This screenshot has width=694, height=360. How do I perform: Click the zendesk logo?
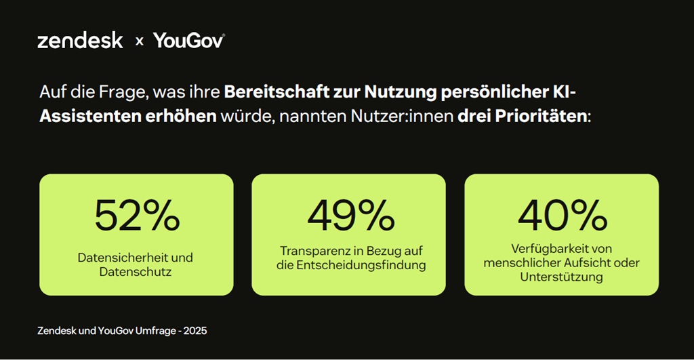pos(80,41)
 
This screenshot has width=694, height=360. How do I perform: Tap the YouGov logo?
pos(188,41)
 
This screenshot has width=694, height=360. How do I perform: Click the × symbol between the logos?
pos(139,41)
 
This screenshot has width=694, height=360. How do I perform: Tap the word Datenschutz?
pos(136,272)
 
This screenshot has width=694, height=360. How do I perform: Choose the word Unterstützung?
pos(561,277)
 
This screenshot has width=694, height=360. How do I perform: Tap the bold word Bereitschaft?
pos(267,92)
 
